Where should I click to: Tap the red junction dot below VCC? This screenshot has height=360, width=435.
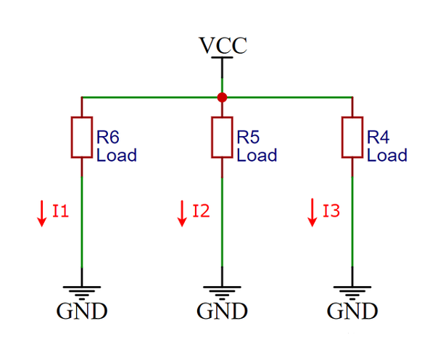[222, 96]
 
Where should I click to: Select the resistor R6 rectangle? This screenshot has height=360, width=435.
[81, 136]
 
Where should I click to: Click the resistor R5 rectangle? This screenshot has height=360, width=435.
[222, 136]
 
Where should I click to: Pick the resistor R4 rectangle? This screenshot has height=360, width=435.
[352, 136]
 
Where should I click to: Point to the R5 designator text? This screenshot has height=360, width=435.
[248, 136]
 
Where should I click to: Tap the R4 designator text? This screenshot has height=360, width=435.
[378, 136]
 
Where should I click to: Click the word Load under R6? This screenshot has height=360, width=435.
[116, 155]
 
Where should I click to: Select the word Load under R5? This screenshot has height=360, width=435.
[257, 155]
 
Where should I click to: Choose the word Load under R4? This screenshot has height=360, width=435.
[386, 155]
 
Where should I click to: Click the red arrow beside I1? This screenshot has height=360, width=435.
[42, 212]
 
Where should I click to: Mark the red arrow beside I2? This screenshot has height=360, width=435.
[182, 212]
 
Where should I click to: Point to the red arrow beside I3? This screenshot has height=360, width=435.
[312, 212]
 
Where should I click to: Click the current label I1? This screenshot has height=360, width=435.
[60, 212]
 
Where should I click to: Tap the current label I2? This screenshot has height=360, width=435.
[201, 212]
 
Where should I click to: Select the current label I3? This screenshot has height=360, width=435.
[331, 212]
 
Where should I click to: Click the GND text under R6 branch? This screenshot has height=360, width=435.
[81, 312]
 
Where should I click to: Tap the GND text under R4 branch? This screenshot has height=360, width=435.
[352, 312]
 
